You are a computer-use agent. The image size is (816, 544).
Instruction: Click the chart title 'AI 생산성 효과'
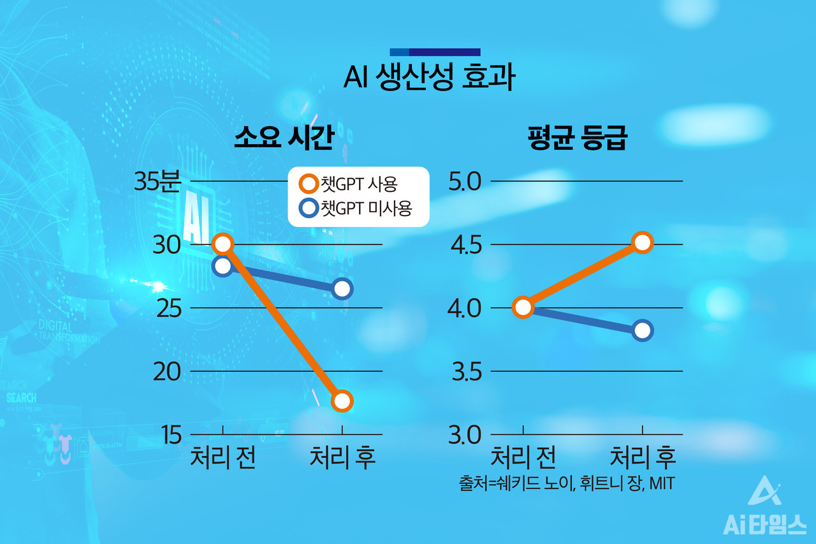(428, 78)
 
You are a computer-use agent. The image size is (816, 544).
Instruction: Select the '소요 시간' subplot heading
(284, 138)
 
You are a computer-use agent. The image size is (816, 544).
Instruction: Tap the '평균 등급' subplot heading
(578, 138)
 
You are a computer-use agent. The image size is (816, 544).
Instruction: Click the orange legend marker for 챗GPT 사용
(309, 185)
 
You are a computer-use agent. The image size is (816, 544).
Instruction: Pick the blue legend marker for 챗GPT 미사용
(309, 208)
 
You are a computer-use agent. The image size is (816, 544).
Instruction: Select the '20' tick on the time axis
(167, 372)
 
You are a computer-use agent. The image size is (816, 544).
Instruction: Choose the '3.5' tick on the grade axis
(467, 372)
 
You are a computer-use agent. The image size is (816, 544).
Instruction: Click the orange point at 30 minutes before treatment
(222, 244)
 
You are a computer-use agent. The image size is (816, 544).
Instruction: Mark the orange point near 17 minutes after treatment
(342, 401)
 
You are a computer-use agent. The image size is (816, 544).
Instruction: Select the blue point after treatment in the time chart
(342, 289)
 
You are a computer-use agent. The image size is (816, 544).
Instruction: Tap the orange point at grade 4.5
(643, 242)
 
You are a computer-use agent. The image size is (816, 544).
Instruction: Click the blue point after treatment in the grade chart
(643, 330)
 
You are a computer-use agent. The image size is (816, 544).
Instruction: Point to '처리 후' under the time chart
(342, 458)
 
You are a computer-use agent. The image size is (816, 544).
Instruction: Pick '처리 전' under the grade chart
(523, 458)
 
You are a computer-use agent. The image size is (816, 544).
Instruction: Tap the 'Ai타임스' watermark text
(764, 524)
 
